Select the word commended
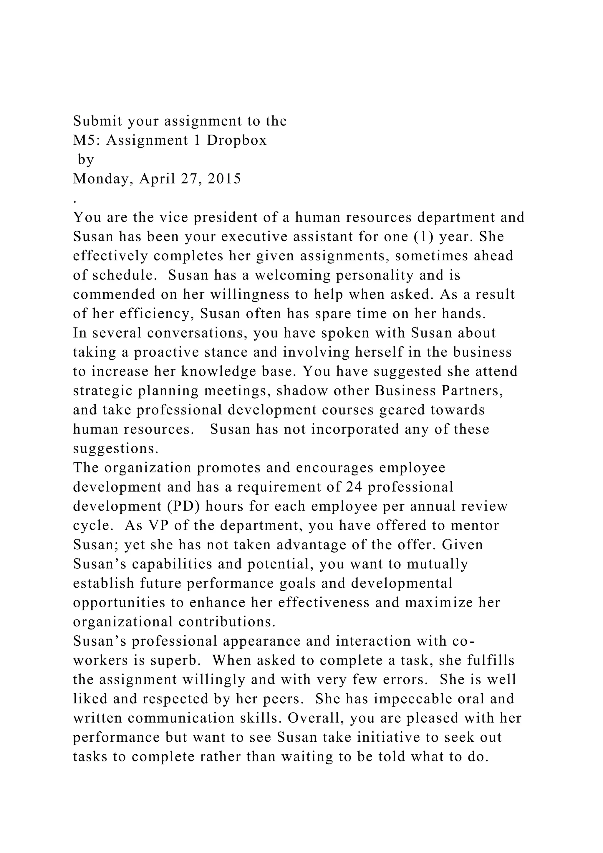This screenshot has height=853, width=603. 114,295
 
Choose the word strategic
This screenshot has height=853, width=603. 102,391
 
